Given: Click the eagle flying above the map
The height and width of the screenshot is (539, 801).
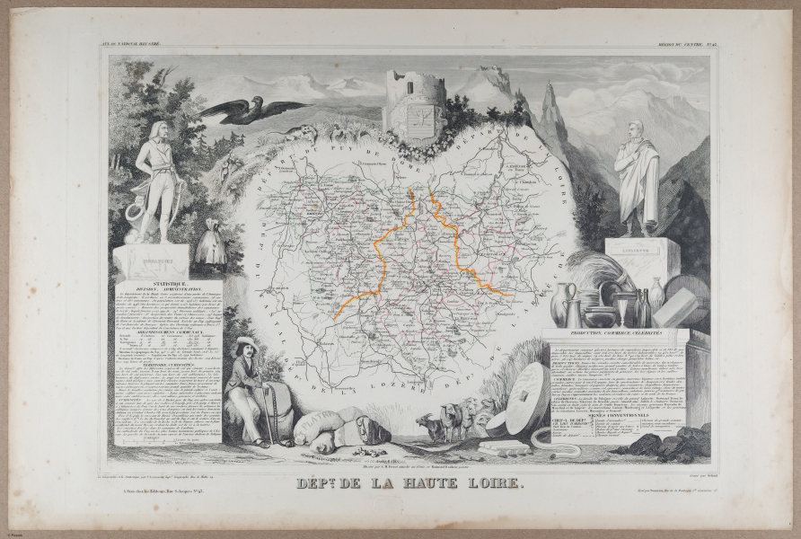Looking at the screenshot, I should click(x=254, y=109).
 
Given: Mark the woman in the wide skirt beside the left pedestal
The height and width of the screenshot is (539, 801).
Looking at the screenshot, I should click(x=212, y=243).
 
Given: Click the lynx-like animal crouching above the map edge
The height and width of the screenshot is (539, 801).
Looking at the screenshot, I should click(x=302, y=134).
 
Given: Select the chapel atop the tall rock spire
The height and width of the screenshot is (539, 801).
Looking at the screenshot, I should click(x=550, y=86).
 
